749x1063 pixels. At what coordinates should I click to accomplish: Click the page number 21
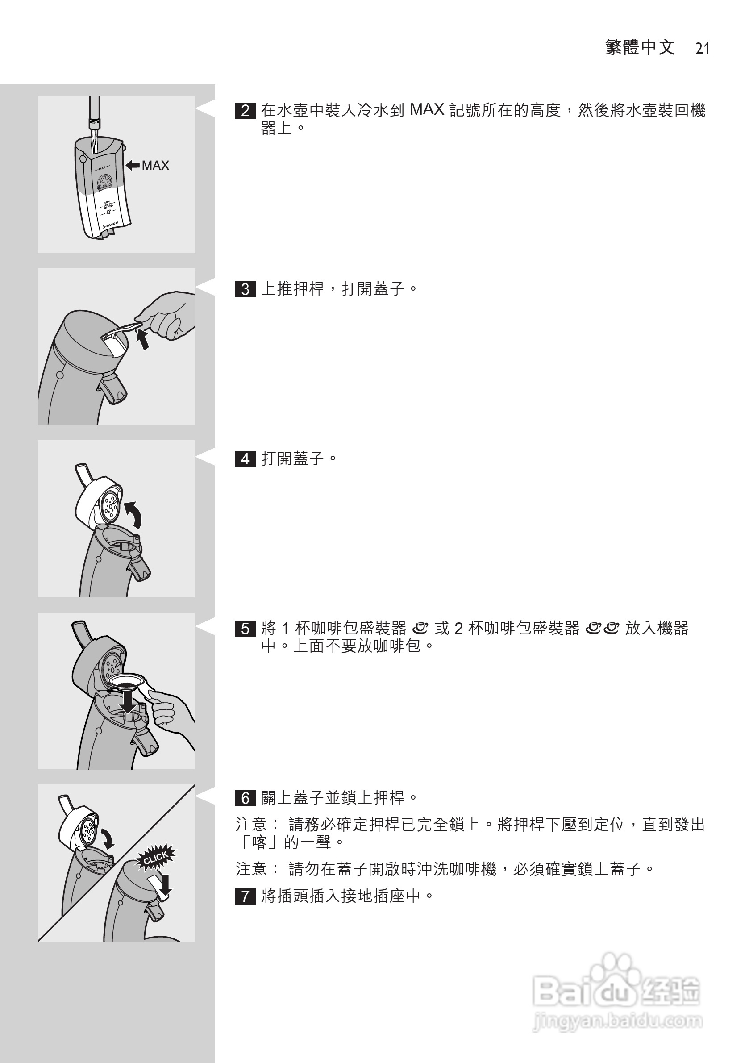click(702, 48)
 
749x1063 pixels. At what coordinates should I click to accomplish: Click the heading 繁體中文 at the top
click(640, 47)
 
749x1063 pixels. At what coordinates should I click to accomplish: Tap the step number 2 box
click(245, 111)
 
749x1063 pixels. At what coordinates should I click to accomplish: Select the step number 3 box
click(245, 289)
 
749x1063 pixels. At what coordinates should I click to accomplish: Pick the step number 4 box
click(245, 459)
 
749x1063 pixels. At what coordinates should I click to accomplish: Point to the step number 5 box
click(245, 629)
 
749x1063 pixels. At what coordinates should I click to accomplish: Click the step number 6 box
click(245, 798)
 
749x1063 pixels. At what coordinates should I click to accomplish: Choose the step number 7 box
click(245, 896)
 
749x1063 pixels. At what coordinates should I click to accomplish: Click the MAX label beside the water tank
click(155, 165)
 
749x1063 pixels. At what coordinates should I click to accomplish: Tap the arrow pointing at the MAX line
click(133, 165)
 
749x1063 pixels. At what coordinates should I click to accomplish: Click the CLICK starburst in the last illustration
click(155, 858)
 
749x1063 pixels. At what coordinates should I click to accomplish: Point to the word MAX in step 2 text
click(427, 110)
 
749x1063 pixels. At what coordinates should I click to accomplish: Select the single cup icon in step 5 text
click(420, 628)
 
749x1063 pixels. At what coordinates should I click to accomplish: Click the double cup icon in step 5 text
click(602, 628)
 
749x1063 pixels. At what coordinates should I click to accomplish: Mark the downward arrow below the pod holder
click(127, 704)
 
